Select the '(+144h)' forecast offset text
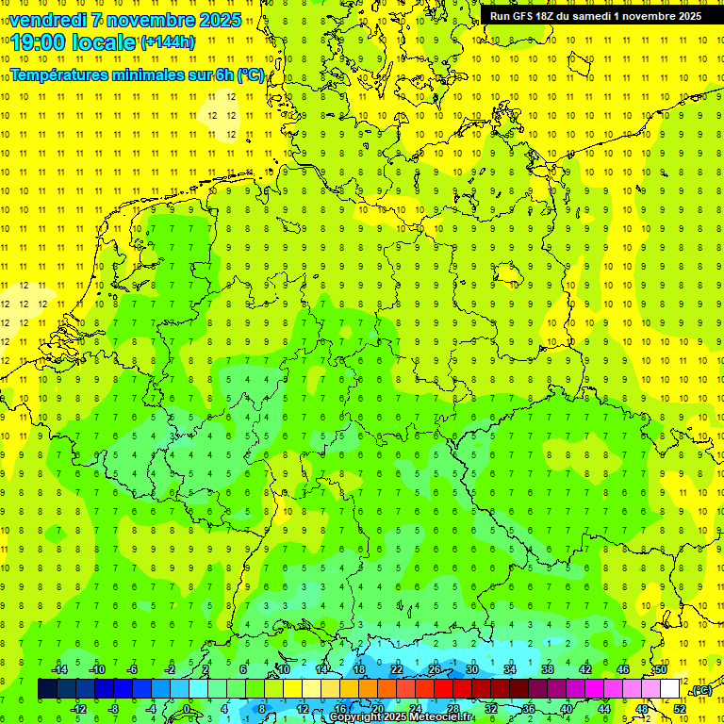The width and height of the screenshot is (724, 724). pyautogui.click(x=168, y=42)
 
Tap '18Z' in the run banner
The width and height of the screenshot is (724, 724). pyautogui.click(x=547, y=16)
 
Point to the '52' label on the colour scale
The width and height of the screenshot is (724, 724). pyautogui.click(x=680, y=709)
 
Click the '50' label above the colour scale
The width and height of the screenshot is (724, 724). pyautogui.click(x=661, y=669)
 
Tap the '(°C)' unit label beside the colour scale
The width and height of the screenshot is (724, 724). pyautogui.click(x=701, y=691)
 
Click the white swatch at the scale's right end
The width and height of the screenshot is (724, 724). pyautogui.click(x=670, y=689)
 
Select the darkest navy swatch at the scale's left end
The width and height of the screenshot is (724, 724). pyautogui.click(x=47, y=689)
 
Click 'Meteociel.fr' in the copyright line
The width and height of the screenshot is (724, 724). pyautogui.click(x=445, y=717)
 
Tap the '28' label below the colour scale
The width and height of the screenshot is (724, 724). pyautogui.click(x=453, y=709)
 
